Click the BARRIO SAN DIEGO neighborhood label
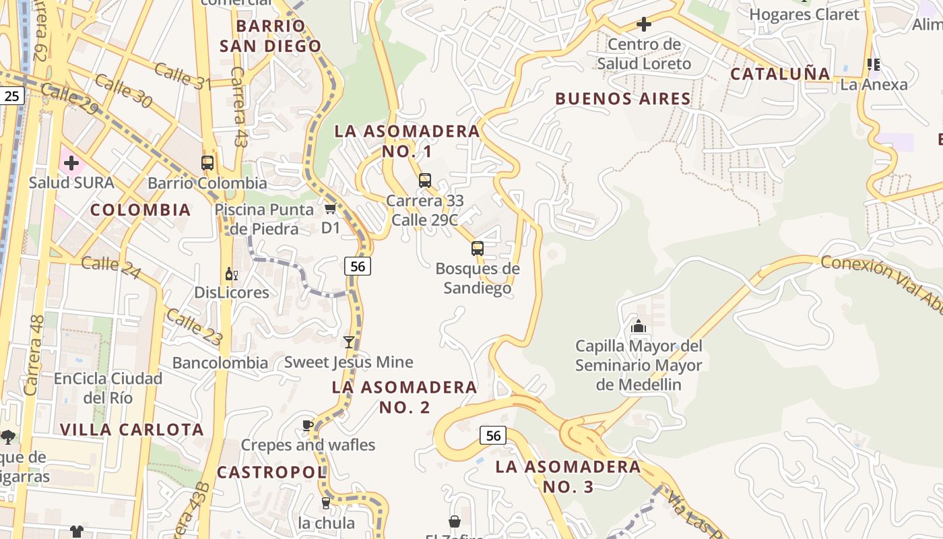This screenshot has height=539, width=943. (270, 36)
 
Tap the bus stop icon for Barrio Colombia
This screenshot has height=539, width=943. (207, 162)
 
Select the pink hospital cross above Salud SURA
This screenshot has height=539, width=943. (71, 162)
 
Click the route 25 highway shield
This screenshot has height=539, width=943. (11, 96)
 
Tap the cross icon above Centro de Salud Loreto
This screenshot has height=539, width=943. (644, 25)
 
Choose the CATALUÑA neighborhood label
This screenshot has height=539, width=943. (780, 74)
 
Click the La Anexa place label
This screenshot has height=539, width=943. (874, 85)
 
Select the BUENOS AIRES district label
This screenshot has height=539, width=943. (623, 99)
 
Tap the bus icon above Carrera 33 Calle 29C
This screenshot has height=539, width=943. (425, 180)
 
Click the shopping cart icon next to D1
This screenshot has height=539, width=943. (330, 208)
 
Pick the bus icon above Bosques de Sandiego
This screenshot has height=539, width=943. (478, 248)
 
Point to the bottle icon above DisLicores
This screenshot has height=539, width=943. (232, 274)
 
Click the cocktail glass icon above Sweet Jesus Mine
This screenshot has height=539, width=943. (349, 342)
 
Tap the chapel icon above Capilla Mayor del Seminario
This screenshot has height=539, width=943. (639, 327)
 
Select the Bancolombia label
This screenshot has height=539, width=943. (220, 363)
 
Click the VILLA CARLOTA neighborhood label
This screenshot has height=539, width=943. (132, 430)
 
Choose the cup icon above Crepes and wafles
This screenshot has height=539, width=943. (308, 425)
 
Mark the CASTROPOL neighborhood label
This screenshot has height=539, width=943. (271, 472)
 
